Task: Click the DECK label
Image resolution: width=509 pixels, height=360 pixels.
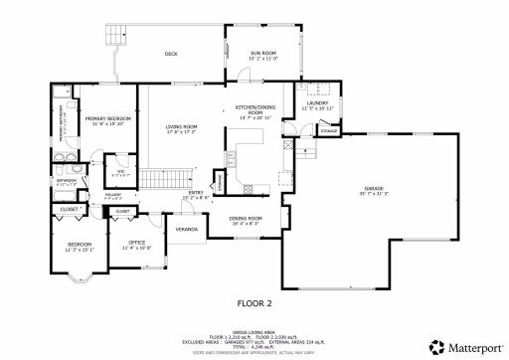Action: coord(170,54)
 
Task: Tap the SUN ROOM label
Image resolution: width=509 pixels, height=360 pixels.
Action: coord(262,54)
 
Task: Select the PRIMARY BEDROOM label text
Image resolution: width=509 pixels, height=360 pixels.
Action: coord(107,118)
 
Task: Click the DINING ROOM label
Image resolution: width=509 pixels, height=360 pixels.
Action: coord(245,218)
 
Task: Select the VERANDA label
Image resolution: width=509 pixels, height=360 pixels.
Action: coord(186,229)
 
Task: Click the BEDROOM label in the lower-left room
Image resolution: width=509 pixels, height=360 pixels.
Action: coord(80,244)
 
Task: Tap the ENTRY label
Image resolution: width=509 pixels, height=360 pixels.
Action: coord(196,193)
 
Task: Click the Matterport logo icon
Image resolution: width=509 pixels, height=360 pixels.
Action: coord(434,347)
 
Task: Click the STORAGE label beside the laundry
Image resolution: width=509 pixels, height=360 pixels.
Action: coord(328,129)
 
